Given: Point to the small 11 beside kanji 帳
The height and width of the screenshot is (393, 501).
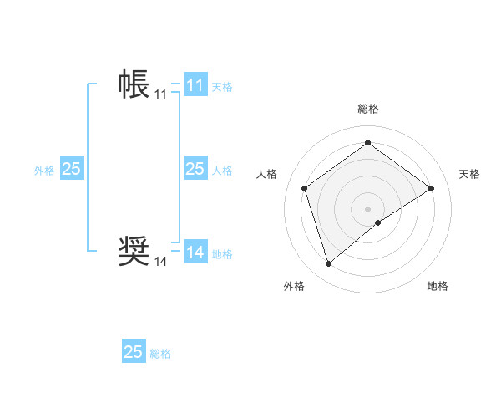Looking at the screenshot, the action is coord(160,94).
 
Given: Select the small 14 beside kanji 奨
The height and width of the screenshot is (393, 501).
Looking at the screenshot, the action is coord(160,262).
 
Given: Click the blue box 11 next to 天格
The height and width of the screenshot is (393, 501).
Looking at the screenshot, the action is coord(195,85).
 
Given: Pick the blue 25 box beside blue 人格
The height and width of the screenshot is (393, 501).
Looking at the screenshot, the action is coord(195,169).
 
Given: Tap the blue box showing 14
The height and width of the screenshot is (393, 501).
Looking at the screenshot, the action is coord(195,253).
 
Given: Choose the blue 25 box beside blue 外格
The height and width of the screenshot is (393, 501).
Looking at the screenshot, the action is coord(71,169).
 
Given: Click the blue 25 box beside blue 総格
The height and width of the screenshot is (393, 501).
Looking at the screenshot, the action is coord(134,352).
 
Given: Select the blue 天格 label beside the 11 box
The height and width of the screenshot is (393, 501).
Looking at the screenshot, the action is coord(222,86).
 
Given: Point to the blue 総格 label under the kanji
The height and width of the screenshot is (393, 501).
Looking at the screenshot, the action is coord(160,354).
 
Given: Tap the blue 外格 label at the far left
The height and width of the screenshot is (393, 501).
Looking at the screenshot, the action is coord(44,171).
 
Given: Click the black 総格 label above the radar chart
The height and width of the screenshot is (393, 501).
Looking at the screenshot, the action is coord(367,109).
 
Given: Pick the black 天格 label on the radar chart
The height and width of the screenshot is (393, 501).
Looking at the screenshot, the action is coord(469,174).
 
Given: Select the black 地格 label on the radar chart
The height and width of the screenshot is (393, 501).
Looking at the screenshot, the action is coord(438,286).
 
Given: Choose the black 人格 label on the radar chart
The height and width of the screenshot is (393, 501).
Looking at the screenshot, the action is coord(266,174).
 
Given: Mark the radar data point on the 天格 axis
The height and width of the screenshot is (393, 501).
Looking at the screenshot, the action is coord(431,188).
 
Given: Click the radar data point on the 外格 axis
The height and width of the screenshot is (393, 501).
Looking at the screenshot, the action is coord(328,264).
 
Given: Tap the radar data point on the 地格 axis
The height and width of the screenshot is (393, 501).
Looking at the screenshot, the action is coord(378,222).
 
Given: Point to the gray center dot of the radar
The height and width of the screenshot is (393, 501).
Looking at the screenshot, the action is coord(367,208).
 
